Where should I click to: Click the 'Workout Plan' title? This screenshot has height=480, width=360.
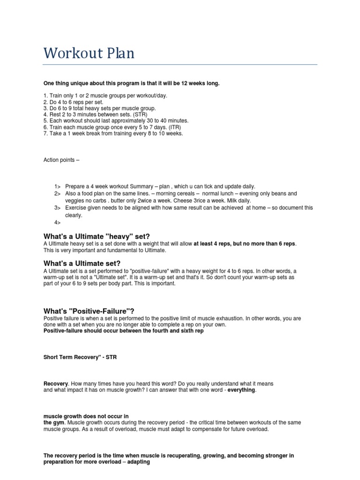click(89, 53)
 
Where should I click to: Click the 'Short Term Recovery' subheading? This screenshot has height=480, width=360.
click(80, 357)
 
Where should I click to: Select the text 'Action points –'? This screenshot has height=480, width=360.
click(61, 160)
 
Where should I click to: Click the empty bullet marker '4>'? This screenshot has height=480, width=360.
click(58, 223)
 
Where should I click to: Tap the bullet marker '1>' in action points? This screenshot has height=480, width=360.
click(58, 186)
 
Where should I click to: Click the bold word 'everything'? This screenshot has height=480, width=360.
click(242, 390)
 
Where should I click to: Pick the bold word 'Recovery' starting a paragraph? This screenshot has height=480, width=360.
click(56, 383)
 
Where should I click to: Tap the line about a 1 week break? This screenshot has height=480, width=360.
click(113, 134)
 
